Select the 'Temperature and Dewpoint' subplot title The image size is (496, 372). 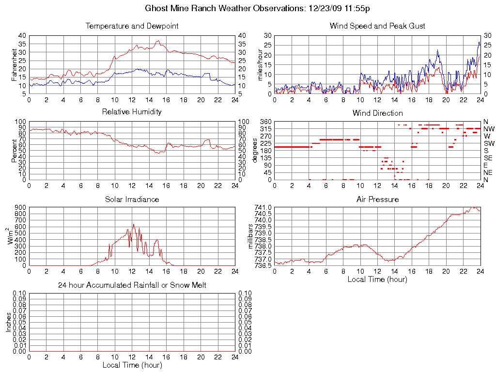132,26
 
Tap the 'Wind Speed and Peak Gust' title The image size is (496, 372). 377,26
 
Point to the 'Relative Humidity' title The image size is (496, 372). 132,112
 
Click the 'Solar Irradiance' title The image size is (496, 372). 132,199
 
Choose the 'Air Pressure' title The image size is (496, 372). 377,199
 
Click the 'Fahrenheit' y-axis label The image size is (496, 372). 15,65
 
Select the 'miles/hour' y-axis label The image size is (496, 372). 260,65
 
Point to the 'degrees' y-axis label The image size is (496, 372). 255,151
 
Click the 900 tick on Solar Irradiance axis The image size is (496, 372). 20,207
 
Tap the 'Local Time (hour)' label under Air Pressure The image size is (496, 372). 377,279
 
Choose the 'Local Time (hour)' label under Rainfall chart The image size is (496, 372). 132,365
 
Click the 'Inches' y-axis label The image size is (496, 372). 9,322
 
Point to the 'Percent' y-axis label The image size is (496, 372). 15,151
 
